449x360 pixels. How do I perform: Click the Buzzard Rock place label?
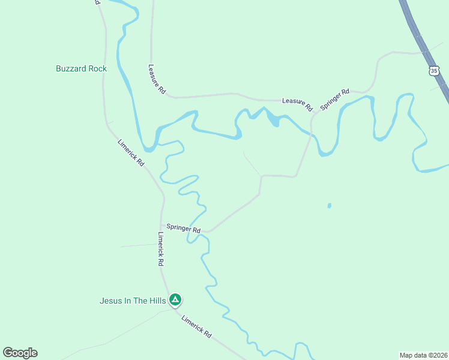tap(81, 68)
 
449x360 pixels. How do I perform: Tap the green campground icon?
tap(175, 299)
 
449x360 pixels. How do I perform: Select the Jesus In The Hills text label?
tap(133, 300)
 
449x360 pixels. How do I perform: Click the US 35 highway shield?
tap(434, 71)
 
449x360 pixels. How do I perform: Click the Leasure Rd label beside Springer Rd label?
tap(298, 104)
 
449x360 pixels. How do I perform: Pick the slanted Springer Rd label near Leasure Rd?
tap(335, 99)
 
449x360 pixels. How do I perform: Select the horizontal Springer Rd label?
tap(183, 228)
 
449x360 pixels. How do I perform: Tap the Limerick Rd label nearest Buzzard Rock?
tap(131, 153)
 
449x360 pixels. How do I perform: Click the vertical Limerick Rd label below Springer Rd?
tap(161, 249)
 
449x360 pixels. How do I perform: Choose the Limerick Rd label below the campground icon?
tap(197, 326)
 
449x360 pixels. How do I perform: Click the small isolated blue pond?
tap(329, 206)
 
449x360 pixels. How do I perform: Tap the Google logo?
tap(20, 353)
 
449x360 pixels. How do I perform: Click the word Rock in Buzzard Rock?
tap(97, 68)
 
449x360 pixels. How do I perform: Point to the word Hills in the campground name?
tap(155, 300)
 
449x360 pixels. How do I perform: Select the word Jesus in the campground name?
tap(110, 300)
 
